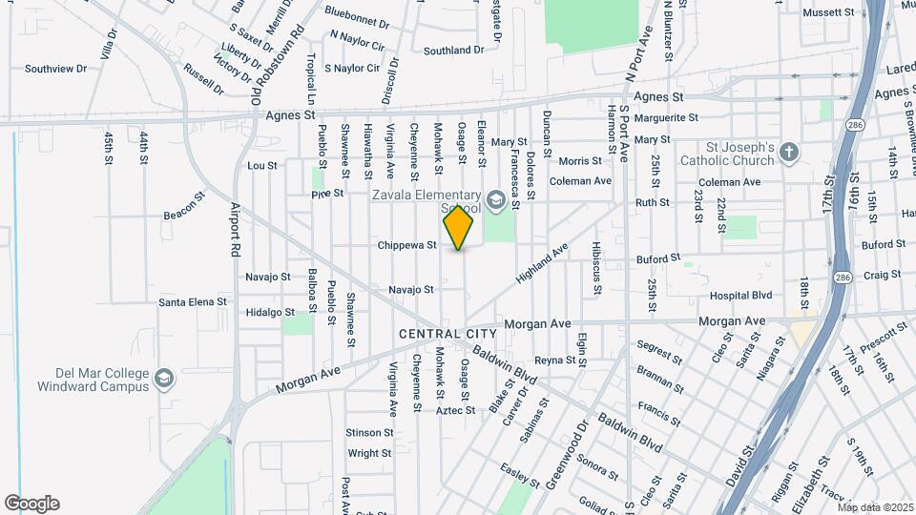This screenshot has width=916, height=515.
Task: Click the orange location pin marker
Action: tap(459, 228)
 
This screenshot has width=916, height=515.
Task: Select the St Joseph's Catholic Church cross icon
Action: tap(789, 152)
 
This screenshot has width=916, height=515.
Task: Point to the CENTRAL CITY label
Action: tap(448, 334)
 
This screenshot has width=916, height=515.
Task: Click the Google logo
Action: tap(31, 504)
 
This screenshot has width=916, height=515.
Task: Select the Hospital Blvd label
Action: tap(740, 296)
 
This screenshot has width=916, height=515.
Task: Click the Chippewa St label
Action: tap(406, 245)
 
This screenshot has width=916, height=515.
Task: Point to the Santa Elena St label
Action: tap(193, 302)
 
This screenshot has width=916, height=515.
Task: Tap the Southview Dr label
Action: tap(55, 69)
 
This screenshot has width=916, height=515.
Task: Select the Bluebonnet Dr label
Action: tap(357, 12)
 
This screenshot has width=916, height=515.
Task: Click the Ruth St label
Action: tap(653, 202)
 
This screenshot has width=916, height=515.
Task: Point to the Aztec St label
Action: tap(456, 410)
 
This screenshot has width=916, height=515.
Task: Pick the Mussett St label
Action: tap(828, 12)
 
